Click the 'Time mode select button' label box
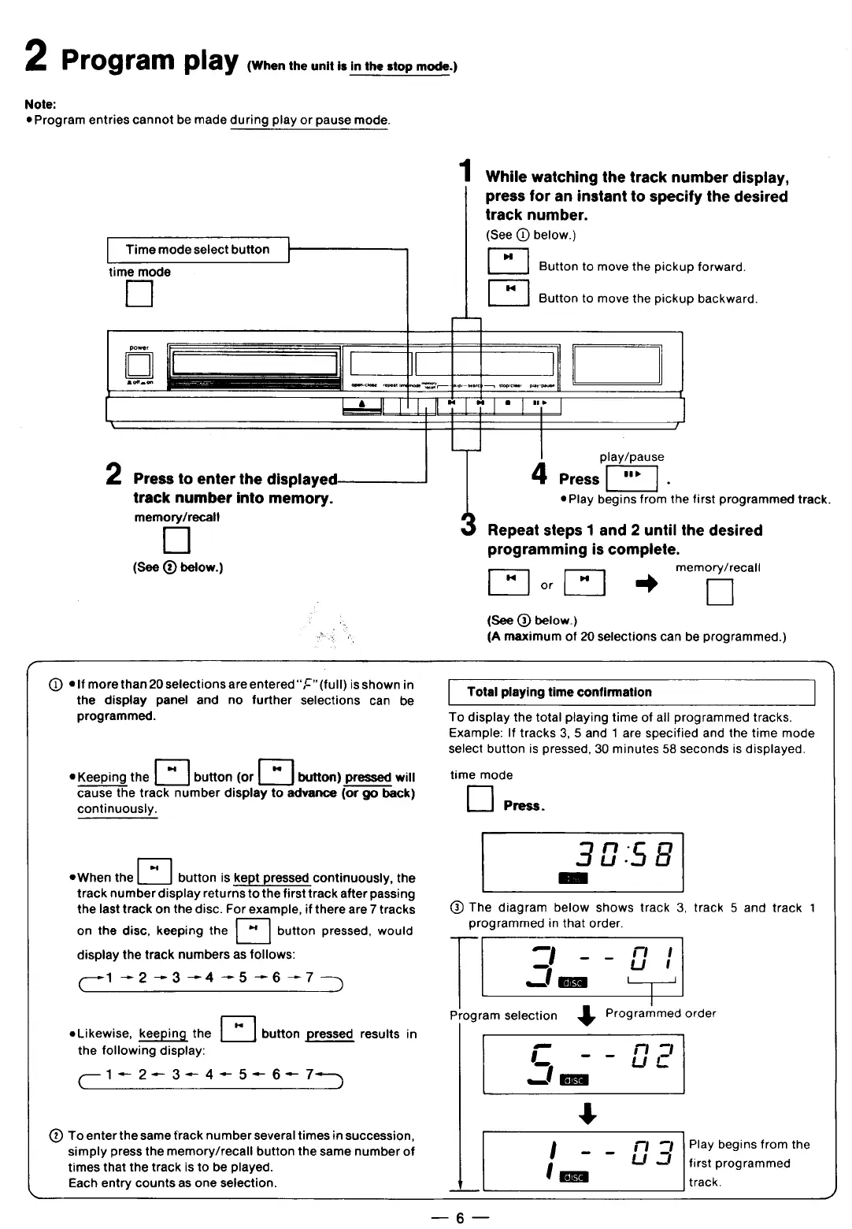198,250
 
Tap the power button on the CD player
139,365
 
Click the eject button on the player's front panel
362,405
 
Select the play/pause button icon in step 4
632,477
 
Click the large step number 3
468,525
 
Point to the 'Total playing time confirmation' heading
559,692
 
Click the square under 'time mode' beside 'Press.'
480,799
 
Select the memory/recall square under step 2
176,540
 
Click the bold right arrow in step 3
646,584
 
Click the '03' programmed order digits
653,1153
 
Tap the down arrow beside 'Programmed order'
586,1016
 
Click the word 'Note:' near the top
40,104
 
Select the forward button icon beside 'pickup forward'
508,261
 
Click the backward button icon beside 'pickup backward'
508,292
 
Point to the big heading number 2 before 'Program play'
36,57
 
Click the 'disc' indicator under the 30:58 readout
572,878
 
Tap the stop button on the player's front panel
509,405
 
